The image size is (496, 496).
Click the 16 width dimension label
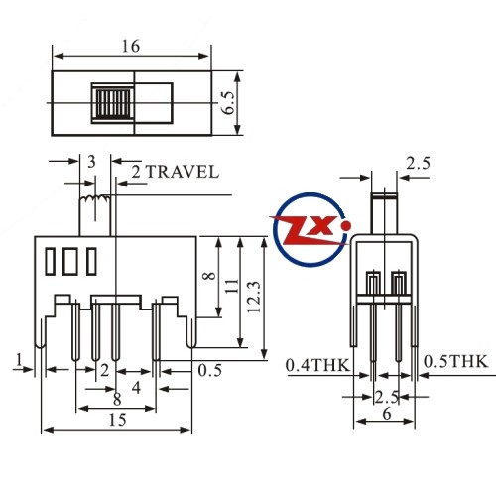click(x=131, y=46)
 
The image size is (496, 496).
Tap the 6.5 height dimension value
click(x=228, y=103)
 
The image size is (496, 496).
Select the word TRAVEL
click(x=183, y=172)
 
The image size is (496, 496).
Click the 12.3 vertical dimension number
click(x=254, y=297)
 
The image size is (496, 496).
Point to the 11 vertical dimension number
click(x=232, y=286)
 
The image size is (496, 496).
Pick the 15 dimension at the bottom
click(x=117, y=420)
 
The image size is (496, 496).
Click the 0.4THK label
click(x=317, y=365)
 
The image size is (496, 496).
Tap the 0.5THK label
click(x=455, y=361)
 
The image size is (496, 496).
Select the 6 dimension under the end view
click(x=386, y=414)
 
